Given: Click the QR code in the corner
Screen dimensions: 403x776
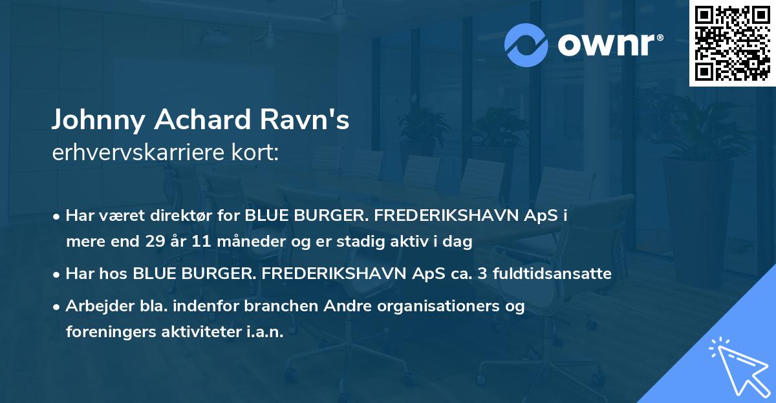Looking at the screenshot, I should pyautogui.click(x=732, y=43).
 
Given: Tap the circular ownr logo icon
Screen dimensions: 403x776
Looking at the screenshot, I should pyautogui.click(x=526, y=45).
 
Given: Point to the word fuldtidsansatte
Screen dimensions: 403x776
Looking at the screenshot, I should pyautogui.click(x=552, y=274).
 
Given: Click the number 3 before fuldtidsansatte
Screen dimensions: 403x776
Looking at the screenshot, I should pyautogui.click(x=484, y=274).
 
